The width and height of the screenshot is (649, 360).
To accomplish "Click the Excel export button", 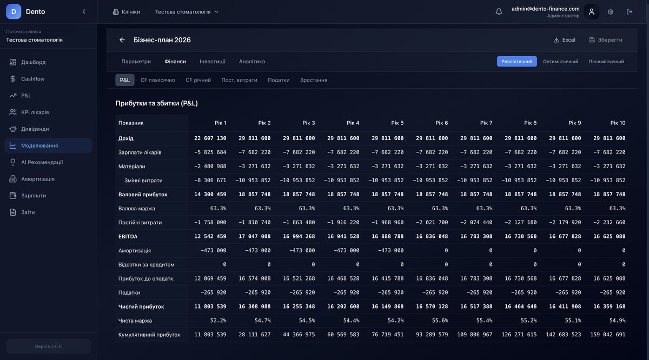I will click(x=564, y=40).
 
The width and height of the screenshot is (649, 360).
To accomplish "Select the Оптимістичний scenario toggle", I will click(x=560, y=62).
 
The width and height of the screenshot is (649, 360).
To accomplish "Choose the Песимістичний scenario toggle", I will click(x=606, y=62).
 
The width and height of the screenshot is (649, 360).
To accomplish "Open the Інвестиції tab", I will click(x=212, y=62).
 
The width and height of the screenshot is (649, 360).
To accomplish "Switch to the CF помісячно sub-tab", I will click(x=157, y=80).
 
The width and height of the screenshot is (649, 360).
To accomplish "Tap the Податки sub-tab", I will click(x=279, y=80).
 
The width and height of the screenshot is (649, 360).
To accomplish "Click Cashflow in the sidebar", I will click(x=32, y=79).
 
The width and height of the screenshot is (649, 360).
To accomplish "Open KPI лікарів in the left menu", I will click(x=35, y=112).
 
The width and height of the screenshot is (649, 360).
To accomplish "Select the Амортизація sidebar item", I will click(x=37, y=179).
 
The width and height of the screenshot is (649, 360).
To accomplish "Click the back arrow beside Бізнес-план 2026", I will click(x=122, y=40).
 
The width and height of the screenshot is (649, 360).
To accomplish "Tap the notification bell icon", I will click(x=499, y=12).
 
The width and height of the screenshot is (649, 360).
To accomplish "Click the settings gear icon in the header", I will click(x=611, y=12).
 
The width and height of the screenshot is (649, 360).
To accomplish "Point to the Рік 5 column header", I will click(x=398, y=123).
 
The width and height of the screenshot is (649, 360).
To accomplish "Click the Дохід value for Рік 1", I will click(x=210, y=138).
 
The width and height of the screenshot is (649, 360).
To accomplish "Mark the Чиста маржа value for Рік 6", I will click(x=440, y=321).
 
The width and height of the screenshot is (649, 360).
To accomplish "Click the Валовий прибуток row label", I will click(x=143, y=195).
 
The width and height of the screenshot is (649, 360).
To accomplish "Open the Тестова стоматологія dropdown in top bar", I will click(x=187, y=12).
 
